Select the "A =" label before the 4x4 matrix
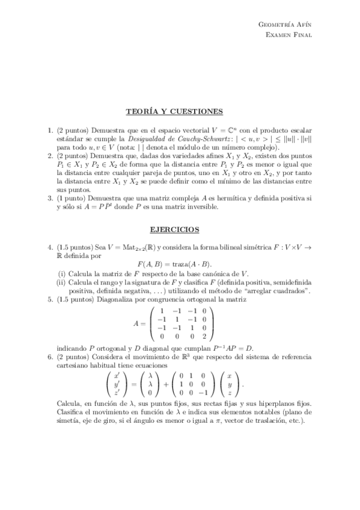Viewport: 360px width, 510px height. pyautogui.click(x=140, y=323)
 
